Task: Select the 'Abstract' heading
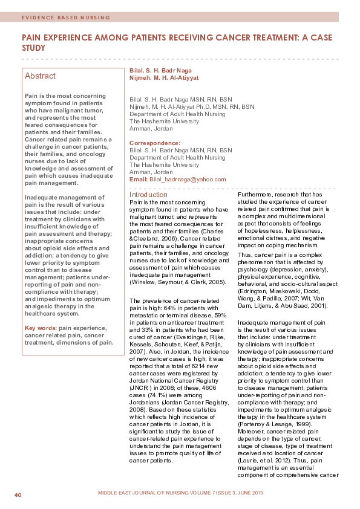(x=40, y=76)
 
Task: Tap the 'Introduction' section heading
(x=149, y=195)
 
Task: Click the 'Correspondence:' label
(x=155, y=143)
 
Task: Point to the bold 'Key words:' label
(x=41, y=328)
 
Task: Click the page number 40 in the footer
(x=18, y=496)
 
